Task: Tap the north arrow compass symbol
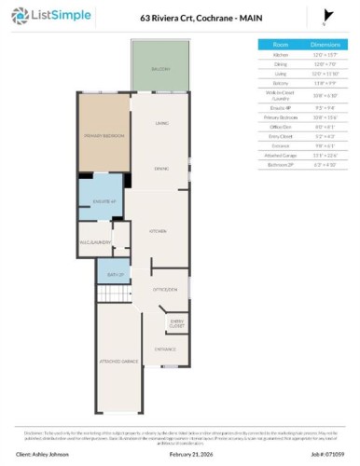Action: point(324,17)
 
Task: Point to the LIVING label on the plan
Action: point(161,123)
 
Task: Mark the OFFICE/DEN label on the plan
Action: point(166,291)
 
